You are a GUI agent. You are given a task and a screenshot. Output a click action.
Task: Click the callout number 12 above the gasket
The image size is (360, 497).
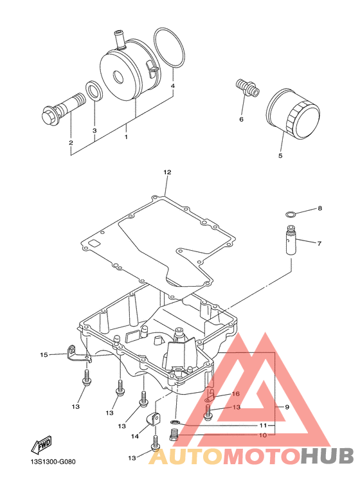tap(167, 172)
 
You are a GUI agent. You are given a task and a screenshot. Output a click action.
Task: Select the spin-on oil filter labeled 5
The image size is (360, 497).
tap(293, 114)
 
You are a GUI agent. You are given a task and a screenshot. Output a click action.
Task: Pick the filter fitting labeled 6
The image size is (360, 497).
tap(248, 87)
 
